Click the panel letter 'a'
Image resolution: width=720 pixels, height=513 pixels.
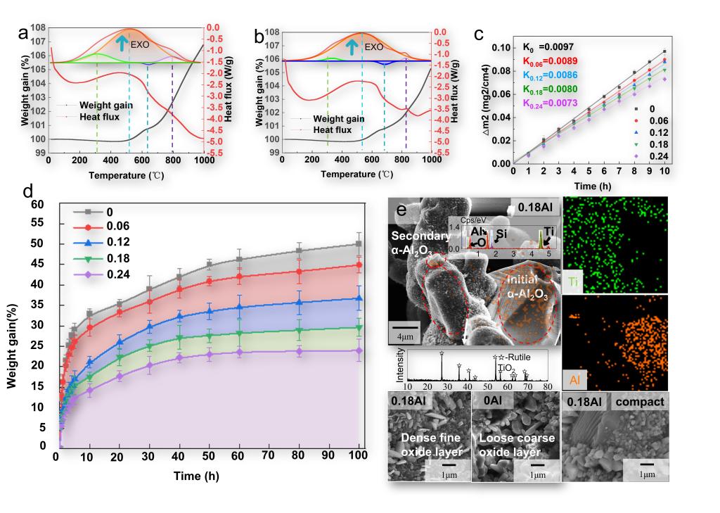click(x=23, y=33)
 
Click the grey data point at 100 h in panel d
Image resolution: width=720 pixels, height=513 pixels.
click(x=359, y=244)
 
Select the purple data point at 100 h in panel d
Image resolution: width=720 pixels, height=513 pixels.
click(x=359, y=350)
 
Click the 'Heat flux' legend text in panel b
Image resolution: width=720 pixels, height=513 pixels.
click(x=333, y=129)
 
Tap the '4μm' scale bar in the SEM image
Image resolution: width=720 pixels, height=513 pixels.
click(x=406, y=330)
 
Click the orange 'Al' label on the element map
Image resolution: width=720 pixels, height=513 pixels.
click(x=575, y=380)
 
